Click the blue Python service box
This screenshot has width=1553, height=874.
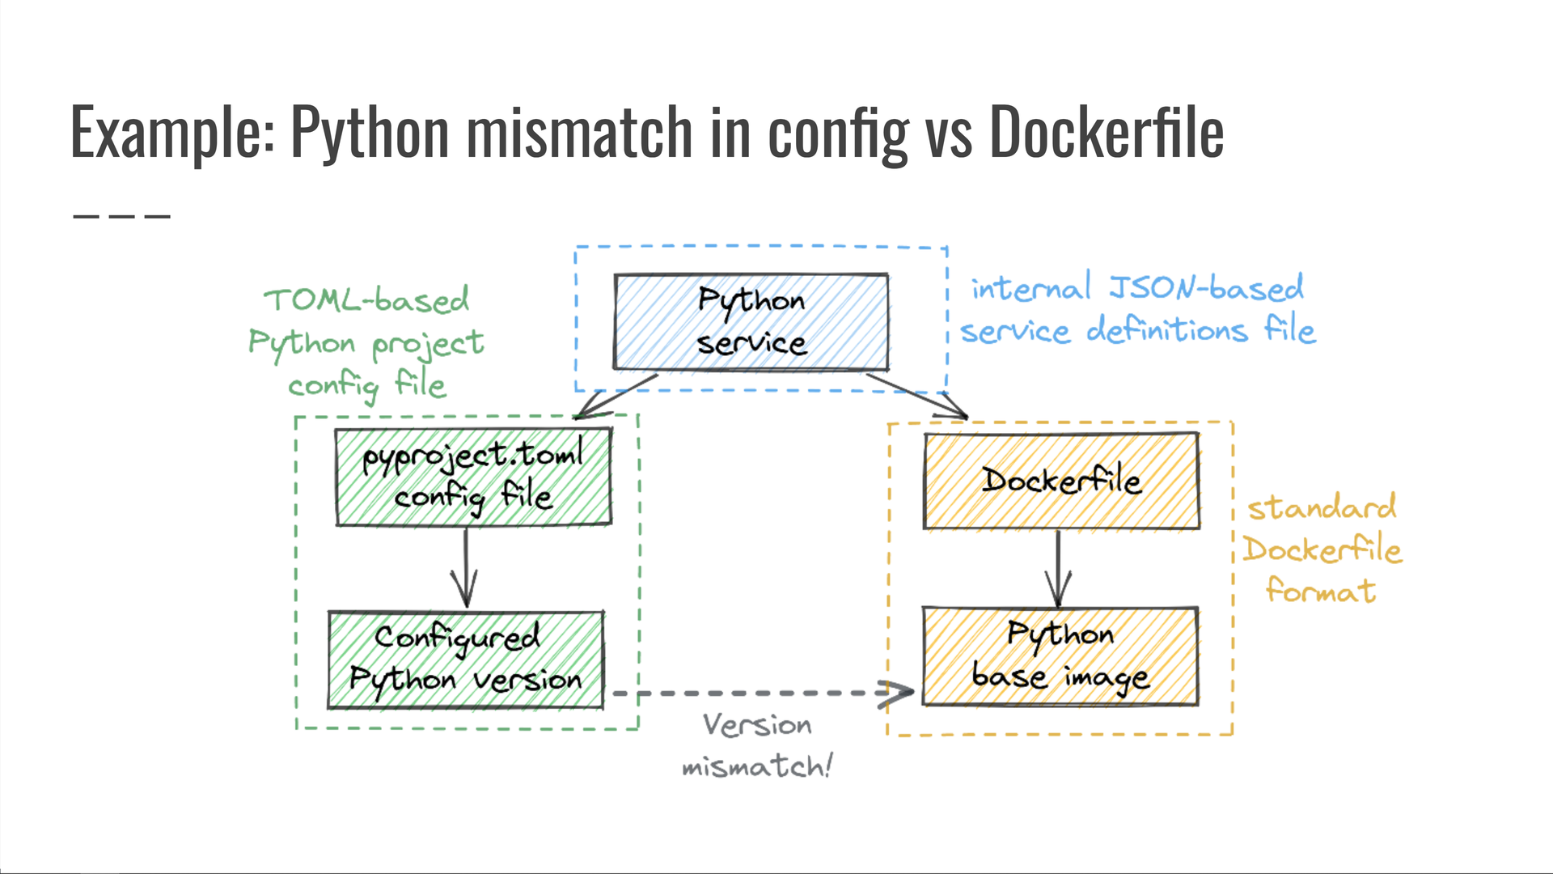751,322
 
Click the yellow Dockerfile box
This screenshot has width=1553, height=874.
1061,482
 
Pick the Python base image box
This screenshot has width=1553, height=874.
1060,656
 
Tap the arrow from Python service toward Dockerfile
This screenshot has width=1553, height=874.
918,395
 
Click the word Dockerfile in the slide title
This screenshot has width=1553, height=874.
1106,132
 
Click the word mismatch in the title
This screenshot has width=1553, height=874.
580,132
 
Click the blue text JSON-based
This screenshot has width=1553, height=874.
1205,288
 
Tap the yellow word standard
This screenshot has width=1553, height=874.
1322,508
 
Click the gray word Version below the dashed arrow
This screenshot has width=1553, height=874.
757,725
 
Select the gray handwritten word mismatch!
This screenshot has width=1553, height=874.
757,766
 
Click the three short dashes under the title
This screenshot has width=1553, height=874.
121,216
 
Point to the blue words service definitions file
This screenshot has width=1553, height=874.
1137,331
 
